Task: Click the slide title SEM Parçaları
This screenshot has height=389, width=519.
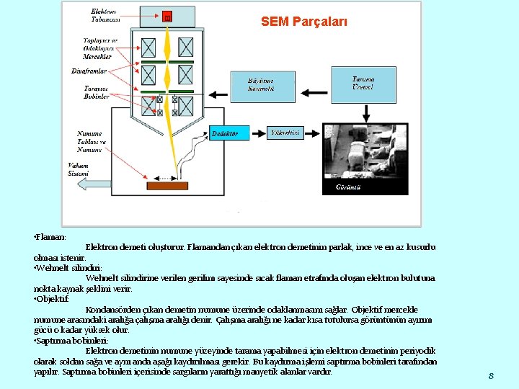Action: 303,22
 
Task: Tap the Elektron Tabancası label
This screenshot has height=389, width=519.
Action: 105,15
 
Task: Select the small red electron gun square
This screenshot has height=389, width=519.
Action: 167,17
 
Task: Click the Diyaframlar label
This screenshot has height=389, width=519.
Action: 89,71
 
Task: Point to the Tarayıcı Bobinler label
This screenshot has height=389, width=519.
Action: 97,91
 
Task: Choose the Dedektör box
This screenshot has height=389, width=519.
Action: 229,133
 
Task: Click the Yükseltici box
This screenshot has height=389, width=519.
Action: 285,133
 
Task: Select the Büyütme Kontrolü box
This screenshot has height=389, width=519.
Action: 262,85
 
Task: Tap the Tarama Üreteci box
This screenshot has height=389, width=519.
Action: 363,83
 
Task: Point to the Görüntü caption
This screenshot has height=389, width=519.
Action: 348,187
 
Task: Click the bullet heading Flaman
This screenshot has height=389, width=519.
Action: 50,237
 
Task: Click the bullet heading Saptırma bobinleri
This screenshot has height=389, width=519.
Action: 71,341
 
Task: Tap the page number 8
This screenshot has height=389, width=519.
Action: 490,376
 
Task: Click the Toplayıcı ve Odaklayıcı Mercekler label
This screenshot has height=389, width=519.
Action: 100,48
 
